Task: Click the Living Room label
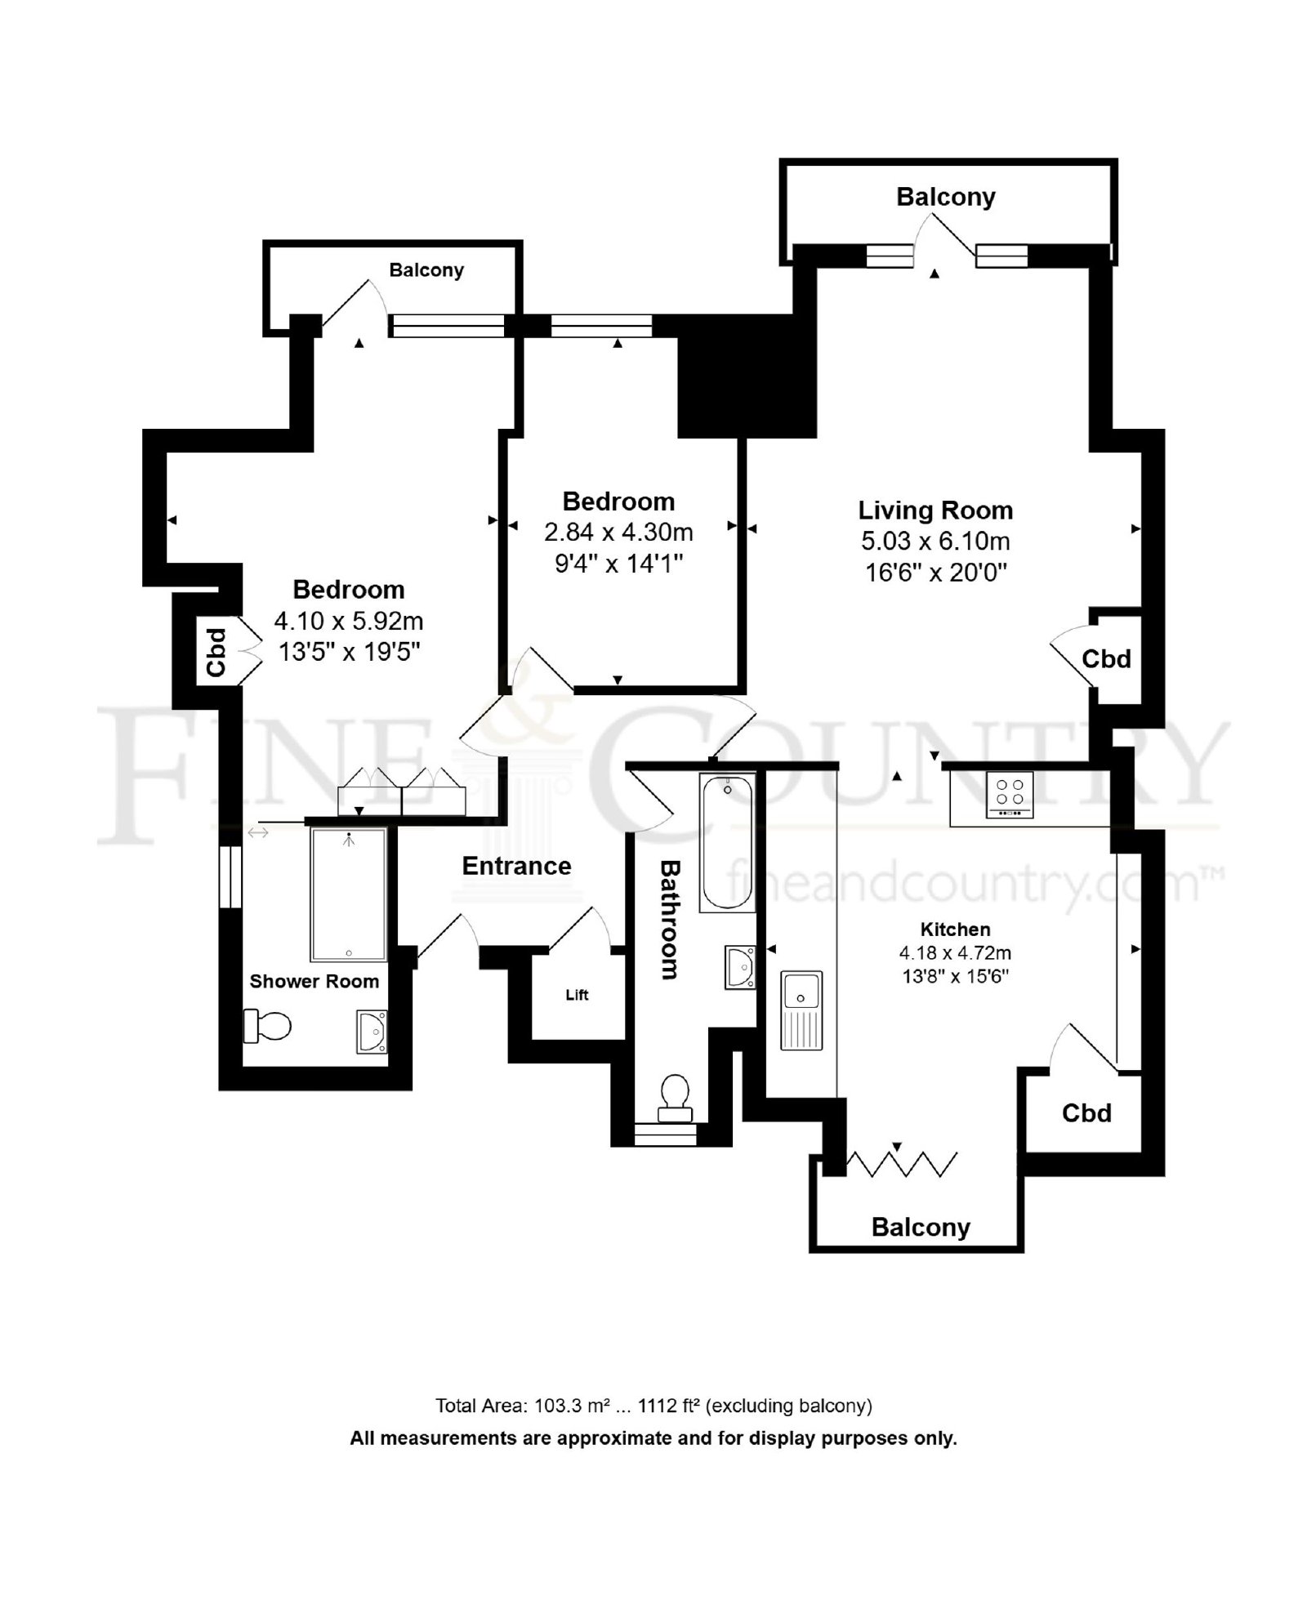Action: click(935, 510)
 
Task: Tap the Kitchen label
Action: click(955, 929)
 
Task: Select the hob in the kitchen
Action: click(1010, 794)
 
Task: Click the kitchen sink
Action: click(801, 1010)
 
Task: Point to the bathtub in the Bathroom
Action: click(726, 842)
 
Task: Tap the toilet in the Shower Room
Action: click(267, 1026)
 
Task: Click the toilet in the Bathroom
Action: click(675, 1099)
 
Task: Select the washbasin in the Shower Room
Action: click(372, 1032)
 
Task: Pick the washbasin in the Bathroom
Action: click(740, 967)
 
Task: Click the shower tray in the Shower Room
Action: click(348, 894)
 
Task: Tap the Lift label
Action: click(577, 995)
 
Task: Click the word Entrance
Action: click(516, 866)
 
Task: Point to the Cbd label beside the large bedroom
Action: click(216, 652)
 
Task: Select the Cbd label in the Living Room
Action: click(1106, 658)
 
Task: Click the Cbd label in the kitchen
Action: click(1086, 1112)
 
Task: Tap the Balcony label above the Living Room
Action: click(946, 197)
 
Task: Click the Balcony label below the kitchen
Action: click(921, 1228)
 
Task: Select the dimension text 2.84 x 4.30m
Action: click(618, 533)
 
